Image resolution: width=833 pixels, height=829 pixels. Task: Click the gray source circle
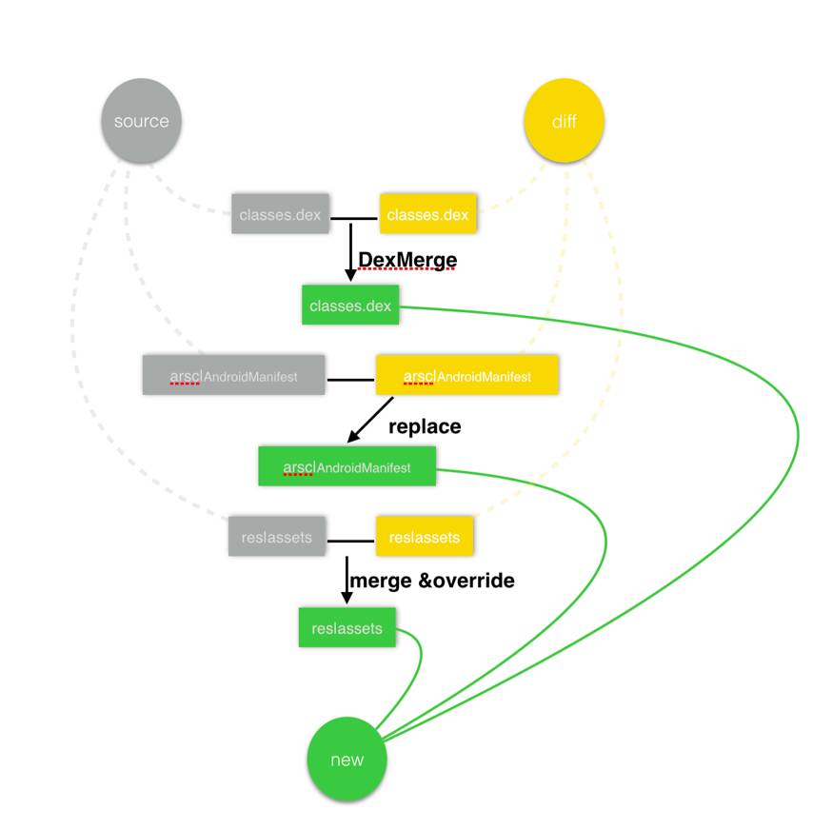141,122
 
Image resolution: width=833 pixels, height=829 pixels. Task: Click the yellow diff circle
564,122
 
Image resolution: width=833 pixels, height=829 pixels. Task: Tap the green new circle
347,759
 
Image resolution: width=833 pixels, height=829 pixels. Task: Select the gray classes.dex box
280,215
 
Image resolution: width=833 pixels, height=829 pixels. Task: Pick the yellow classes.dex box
427,215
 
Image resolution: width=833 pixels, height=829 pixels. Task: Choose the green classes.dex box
349,306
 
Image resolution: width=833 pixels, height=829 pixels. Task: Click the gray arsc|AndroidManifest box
233,376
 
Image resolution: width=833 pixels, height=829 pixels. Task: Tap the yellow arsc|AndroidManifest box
466,376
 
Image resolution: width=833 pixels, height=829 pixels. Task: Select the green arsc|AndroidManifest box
347,467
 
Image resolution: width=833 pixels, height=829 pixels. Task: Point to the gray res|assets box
276,537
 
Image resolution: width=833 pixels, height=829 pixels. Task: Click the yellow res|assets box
425,537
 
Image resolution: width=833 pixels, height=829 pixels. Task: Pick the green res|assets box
347,628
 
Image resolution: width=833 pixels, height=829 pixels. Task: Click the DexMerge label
407,260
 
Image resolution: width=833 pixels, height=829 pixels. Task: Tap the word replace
425,426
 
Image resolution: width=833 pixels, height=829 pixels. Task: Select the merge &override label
432,580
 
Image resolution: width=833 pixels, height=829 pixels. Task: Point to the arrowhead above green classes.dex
350,274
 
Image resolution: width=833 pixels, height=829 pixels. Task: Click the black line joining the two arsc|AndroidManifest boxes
350,380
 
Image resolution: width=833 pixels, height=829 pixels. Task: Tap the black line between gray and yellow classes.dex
354,218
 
